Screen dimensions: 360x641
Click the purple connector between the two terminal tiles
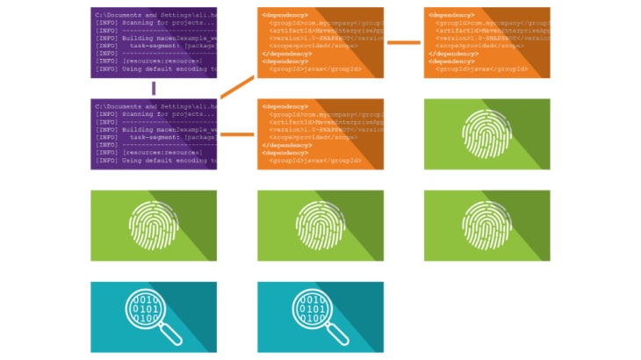tap(154, 88)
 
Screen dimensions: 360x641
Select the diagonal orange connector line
tap(237, 87)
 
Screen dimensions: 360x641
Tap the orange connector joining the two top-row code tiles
tap(404, 42)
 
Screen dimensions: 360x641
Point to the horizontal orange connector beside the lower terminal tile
tap(237, 134)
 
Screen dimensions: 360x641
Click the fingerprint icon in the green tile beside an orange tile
tap(487, 134)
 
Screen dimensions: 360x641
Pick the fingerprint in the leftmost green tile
tap(154, 226)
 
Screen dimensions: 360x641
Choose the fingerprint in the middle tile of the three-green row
tap(320, 226)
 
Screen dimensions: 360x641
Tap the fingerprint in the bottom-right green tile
tap(487, 226)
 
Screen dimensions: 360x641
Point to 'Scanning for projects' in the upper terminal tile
tap(154, 23)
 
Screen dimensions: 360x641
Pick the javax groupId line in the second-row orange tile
tap(299, 161)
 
